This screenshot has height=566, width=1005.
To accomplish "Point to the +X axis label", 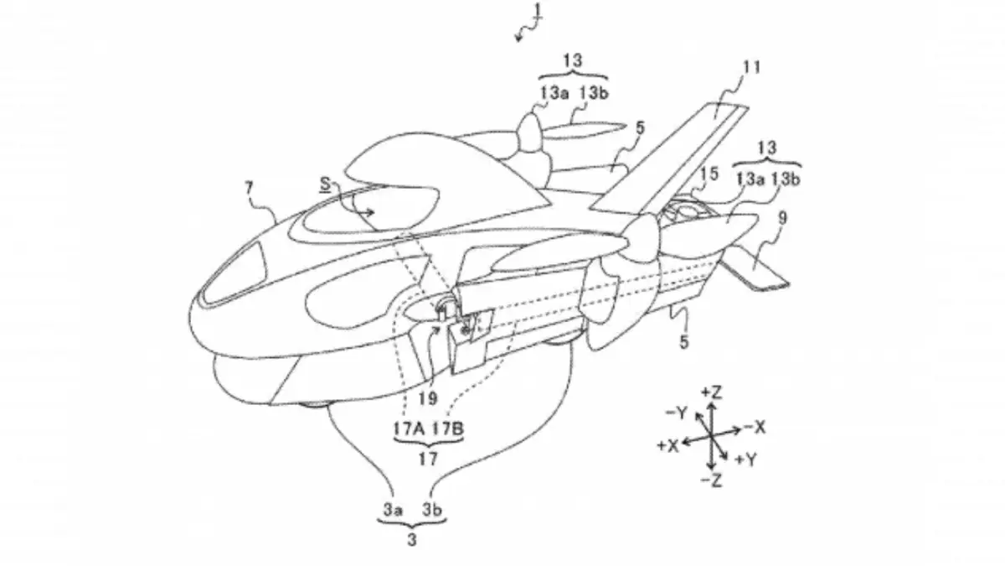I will [x=667, y=446].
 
